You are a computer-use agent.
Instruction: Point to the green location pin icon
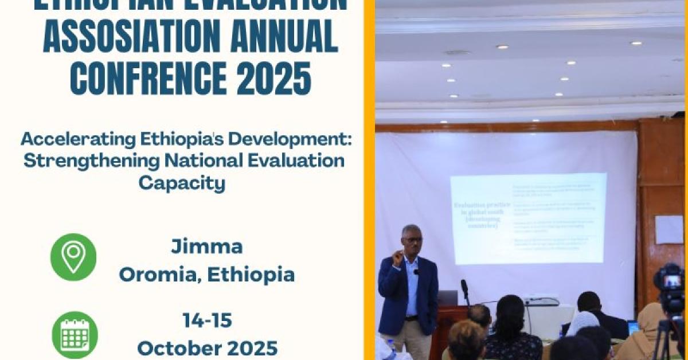[73, 257]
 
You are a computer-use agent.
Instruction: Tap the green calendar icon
[75, 335]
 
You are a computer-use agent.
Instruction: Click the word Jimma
[206, 247]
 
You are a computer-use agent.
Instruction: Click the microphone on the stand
[464, 285]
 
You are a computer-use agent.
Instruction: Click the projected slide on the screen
[527, 218]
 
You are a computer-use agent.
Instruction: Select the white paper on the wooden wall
[669, 229]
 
